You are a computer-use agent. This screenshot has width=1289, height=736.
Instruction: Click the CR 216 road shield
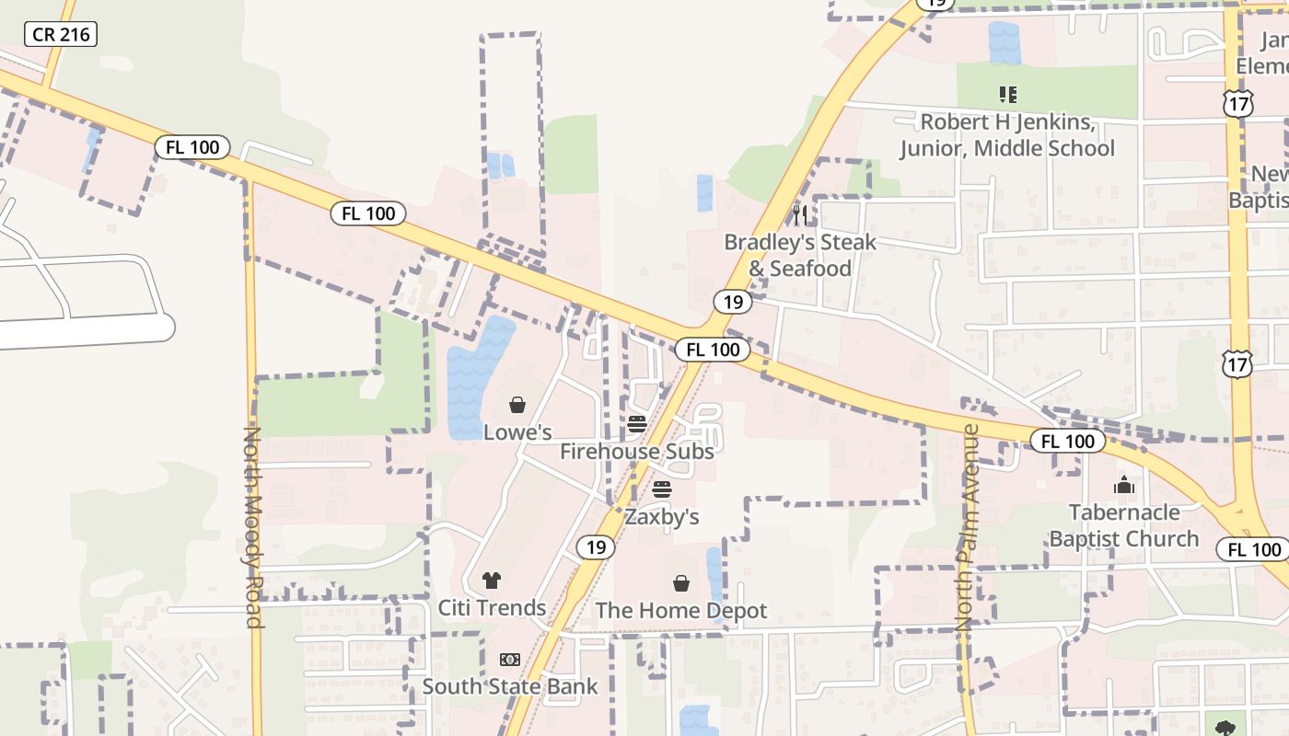point(60,35)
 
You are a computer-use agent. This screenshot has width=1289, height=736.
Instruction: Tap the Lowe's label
point(517,431)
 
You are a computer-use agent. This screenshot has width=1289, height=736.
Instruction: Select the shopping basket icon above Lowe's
point(517,405)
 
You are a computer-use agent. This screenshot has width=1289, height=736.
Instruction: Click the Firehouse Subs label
point(636,452)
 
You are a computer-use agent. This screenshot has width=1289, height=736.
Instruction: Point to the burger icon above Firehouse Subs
point(636,424)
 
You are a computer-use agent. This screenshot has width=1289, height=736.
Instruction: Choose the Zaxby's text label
point(662,517)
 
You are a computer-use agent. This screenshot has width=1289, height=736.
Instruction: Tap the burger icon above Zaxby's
point(662,489)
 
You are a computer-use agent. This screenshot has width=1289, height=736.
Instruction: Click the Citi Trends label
point(492,608)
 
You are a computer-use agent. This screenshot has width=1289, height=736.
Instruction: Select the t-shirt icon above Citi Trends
point(492,581)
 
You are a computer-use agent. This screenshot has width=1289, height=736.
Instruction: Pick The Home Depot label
point(681,611)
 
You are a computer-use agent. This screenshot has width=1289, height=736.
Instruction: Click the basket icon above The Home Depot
point(681,583)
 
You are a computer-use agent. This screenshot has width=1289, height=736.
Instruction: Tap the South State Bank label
point(510,686)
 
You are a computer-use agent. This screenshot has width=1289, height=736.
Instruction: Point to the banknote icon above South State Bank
point(510,660)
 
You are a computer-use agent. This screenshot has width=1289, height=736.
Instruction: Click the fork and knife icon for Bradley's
point(800,215)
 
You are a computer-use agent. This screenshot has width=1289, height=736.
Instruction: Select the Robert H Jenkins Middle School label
point(1007,135)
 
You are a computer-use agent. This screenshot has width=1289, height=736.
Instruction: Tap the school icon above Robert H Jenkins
point(1007,94)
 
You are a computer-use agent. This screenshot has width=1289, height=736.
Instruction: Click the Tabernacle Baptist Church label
point(1124,525)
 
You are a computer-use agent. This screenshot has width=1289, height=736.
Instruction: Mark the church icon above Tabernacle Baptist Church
point(1124,485)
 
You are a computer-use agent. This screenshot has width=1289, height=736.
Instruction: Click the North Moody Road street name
point(253,526)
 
